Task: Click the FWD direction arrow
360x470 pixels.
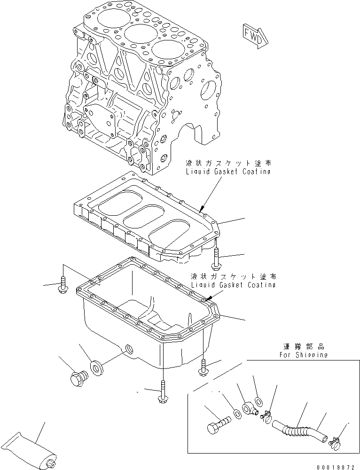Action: (254, 37)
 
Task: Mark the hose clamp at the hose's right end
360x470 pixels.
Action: (335, 441)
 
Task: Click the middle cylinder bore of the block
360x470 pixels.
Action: (140, 35)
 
